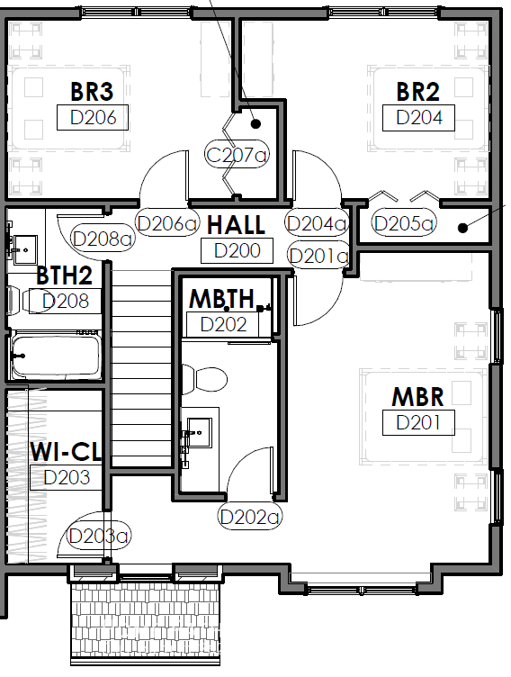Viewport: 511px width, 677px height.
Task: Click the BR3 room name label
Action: tap(92, 92)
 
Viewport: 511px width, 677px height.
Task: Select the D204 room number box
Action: tap(418, 117)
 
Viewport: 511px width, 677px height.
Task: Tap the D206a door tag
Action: tap(166, 223)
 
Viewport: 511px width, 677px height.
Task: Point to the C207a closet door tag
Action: tap(237, 155)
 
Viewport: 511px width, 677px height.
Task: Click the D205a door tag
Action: tap(404, 223)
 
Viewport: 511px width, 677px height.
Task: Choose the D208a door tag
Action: tap(103, 239)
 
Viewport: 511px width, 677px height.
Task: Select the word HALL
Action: tap(236, 225)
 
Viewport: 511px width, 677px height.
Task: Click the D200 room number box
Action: tap(237, 250)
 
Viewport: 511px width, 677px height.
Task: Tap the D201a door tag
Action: tap(318, 256)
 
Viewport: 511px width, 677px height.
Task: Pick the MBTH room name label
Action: tap(222, 298)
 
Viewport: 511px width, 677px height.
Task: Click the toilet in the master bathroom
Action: tap(204, 379)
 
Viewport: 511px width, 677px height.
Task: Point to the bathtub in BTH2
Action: tap(55, 356)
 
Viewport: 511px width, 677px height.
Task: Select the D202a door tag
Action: tap(250, 517)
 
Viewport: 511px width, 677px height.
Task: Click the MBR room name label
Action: tap(417, 397)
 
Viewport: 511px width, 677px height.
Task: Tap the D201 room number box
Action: tap(418, 422)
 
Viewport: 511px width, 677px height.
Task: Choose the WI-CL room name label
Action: tap(66, 452)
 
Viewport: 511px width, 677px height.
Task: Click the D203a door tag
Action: tap(98, 536)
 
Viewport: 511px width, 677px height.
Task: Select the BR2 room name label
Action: tap(417, 92)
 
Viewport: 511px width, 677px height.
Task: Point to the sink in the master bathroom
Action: tap(198, 433)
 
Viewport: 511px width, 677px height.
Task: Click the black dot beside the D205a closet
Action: tap(462, 228)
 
